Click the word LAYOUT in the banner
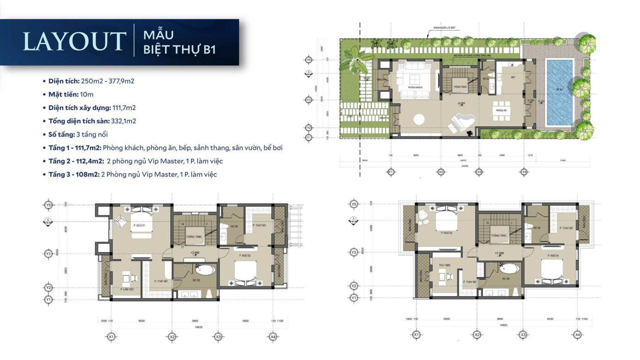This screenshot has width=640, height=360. pos(74,42)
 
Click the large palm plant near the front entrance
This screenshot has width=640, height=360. pos(354,62)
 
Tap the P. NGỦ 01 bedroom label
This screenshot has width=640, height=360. pos(139,225)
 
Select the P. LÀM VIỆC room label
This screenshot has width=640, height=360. pos(127,290)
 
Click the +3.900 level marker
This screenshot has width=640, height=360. pos(195,252)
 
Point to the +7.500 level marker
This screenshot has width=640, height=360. pos(499,253)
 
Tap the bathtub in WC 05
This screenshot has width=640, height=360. pos(508,268)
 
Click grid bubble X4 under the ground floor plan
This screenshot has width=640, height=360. pos(524,172)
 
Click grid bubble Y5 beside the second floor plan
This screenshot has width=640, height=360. pos(48,205)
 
